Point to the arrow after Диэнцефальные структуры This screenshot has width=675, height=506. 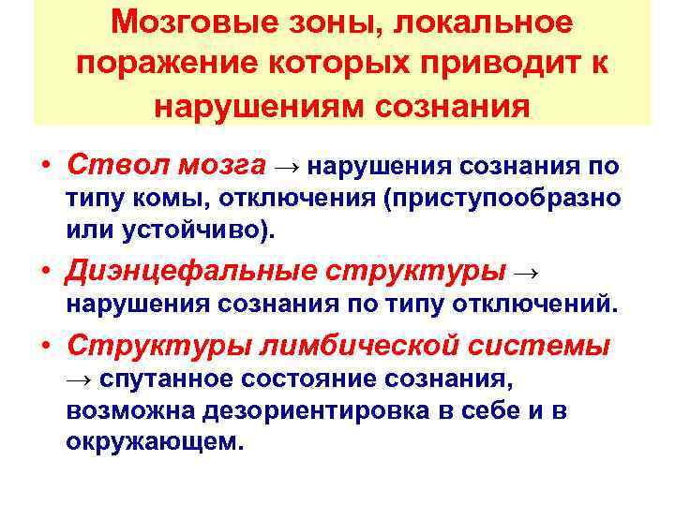(528, 274)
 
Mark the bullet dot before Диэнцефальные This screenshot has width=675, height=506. (46, 274)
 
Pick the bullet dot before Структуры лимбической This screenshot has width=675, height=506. (46, 348)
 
